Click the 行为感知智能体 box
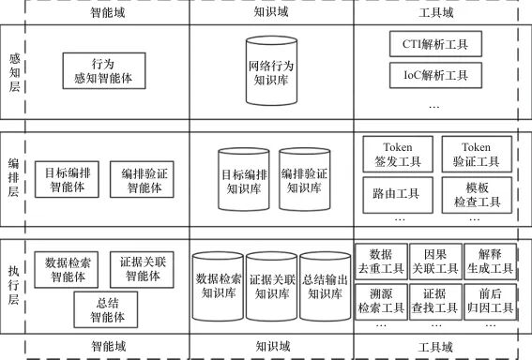click(x=104, y=71)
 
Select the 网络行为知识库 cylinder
click(x=271, y=70)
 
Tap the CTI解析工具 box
click(x=435, y=44)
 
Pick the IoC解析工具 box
click(x=435, y=75)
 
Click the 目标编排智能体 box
click(x=67, y=179)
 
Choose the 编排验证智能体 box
click(x=142, y=179)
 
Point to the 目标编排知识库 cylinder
click(x=244, y=179)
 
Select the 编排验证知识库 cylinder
click(x=305, y=179)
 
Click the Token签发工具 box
click(x=398, y=155)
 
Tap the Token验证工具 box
click(x=477, y=155)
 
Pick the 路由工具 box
click(x=398, y=195)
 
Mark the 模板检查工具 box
click(x=477, y=195)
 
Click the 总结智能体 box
click(x=106, y=309)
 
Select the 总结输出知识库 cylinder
click(x=325, y=286)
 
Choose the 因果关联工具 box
click(x=435, y=262)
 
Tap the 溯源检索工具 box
click(x=381, y=301)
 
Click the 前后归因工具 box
click(x=491, y=301)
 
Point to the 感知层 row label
click(x=14, y=72)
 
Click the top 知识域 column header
click(x=271, y=12)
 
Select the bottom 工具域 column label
click(x=435, y=347)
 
